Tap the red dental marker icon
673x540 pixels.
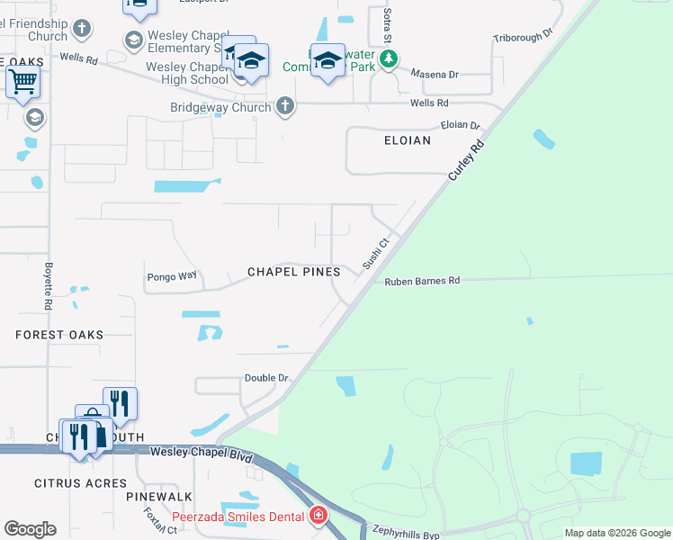tap(318, 516)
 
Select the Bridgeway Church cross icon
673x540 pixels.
tap(285, 107)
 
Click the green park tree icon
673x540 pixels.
tap(388, 59)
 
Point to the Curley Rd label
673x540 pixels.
tap(466, 162)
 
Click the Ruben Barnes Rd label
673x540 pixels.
tap(422, 281)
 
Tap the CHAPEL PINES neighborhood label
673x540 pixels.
tap(293, 272)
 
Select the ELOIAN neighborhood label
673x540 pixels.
tap(408, 141)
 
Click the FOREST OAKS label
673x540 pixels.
tap(59, 335)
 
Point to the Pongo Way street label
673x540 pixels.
tap(171, 276)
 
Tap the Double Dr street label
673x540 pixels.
tap(266, 378)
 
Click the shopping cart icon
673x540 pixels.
tap(22, 82)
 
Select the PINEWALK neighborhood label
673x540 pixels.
tap(159, 497)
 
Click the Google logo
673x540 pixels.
tap(30, 529)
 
